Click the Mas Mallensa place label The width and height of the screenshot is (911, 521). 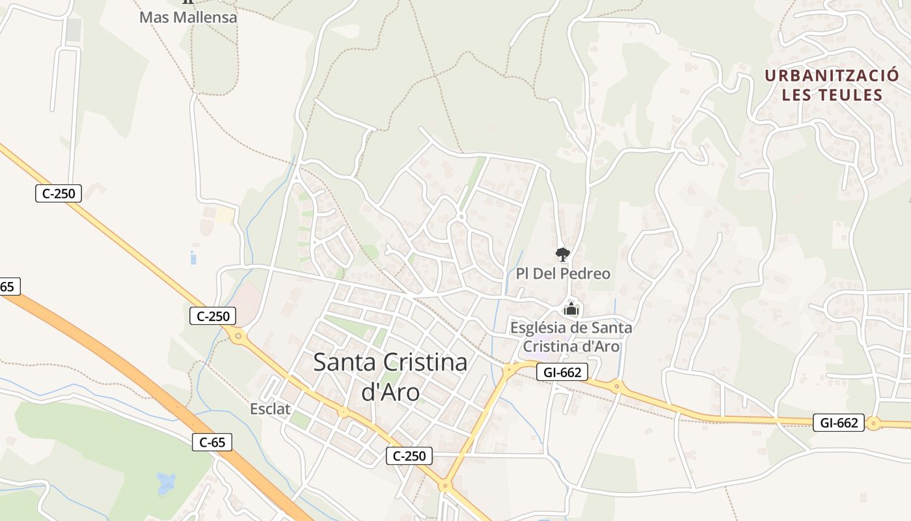coord(188,17)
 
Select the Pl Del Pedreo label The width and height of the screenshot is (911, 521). coord(563,274)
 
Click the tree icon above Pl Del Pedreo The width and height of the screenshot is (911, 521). coord(562,255)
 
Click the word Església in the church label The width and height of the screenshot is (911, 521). coord(540,328)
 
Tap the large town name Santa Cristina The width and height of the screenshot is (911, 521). coord(390,363)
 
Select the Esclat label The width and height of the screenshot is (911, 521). coord(270,409)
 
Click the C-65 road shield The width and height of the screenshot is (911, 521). coord(212,443)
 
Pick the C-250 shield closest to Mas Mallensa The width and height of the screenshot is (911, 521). coord(59,193)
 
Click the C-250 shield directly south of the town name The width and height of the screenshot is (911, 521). coord(409,456)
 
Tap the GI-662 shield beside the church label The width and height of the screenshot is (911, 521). coord(562,373)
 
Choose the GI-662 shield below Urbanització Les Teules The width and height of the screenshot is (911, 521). coord(839,423)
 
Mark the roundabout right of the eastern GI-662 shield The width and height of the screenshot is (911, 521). coord(873,423)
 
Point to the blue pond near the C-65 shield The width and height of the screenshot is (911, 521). coord(166,483)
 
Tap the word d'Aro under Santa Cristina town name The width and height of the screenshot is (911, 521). coord(390,392)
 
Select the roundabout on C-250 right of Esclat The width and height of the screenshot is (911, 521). coord(342,412)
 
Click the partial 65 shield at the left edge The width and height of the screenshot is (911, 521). coord(8,287)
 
